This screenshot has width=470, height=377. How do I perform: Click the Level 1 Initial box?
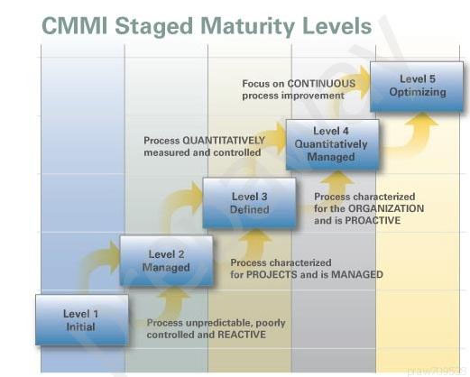(x=81, y=319)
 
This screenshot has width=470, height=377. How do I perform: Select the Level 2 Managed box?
(x=166, y=261)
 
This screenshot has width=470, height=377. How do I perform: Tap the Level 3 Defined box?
(x=249, y=203)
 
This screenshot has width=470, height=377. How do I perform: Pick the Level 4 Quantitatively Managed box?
(x=332, y=144)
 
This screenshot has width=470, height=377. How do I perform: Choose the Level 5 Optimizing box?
(x=417, y=87)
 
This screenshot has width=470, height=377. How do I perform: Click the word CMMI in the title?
(x=75, y=25)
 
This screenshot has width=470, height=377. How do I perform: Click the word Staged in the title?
(x=153, y=27)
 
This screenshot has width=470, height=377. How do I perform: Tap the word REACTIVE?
(x=242, y=335)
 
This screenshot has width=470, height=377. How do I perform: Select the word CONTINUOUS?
(x=321, y=83)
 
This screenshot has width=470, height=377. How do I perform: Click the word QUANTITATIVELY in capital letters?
(x=224, y=140)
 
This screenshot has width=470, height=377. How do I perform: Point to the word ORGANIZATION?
(x=386, y=208)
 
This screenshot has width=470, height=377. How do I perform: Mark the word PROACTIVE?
(x=373, y=220)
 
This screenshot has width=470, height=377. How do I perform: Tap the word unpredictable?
(x=216, y=323)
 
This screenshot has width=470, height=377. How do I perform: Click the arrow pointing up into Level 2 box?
(x=173, y=300)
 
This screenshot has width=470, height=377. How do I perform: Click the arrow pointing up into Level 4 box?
(x=337, y=184)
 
